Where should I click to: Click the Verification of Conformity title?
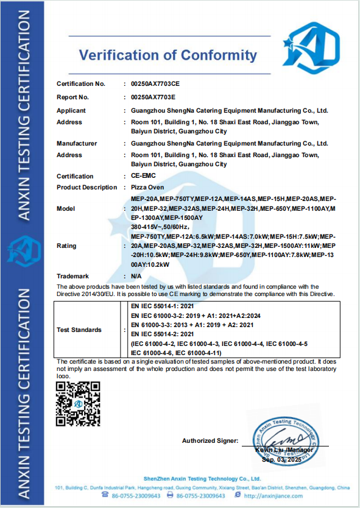point(168,55)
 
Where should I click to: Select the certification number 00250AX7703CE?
point(152,83)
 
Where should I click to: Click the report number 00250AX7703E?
point(149,97)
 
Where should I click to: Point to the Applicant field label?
point(71,111)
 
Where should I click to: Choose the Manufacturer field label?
point(77,144)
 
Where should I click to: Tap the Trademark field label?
point(72,276)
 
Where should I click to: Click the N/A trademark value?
point(137,276)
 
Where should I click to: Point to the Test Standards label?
point(79,330)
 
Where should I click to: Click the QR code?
point(77,404)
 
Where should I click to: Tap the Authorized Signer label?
point(210,440)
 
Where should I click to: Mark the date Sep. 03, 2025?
point(281,460)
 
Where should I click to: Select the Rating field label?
point(66,246)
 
